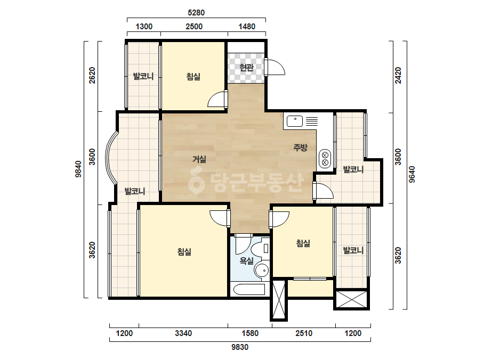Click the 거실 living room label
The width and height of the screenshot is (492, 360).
click(199, 159)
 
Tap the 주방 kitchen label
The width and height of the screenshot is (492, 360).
click(300, 148)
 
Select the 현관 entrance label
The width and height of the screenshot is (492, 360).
click(246, 68)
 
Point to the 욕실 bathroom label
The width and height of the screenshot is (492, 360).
click(246, 260)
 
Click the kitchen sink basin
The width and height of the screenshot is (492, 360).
click(295, 121)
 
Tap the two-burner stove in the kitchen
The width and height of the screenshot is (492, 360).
click(325, 159)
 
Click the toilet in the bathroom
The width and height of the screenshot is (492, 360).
click(260, 249)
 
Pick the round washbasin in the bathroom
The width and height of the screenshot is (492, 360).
click(261, 270)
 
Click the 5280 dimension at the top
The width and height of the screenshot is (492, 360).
click(196, 13)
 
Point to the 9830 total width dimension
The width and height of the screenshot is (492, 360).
click(240, 347)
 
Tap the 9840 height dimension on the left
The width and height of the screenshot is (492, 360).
click(78, 169)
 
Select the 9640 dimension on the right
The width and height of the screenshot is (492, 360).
click(412, 175)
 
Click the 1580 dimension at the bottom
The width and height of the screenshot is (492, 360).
click(250, 333)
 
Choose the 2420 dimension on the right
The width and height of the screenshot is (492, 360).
click(398, 75)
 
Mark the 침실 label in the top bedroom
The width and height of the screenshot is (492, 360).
click(193, 77)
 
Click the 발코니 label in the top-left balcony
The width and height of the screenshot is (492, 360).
click(143, 76)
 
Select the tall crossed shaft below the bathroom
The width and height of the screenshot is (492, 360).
click(279, 299)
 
